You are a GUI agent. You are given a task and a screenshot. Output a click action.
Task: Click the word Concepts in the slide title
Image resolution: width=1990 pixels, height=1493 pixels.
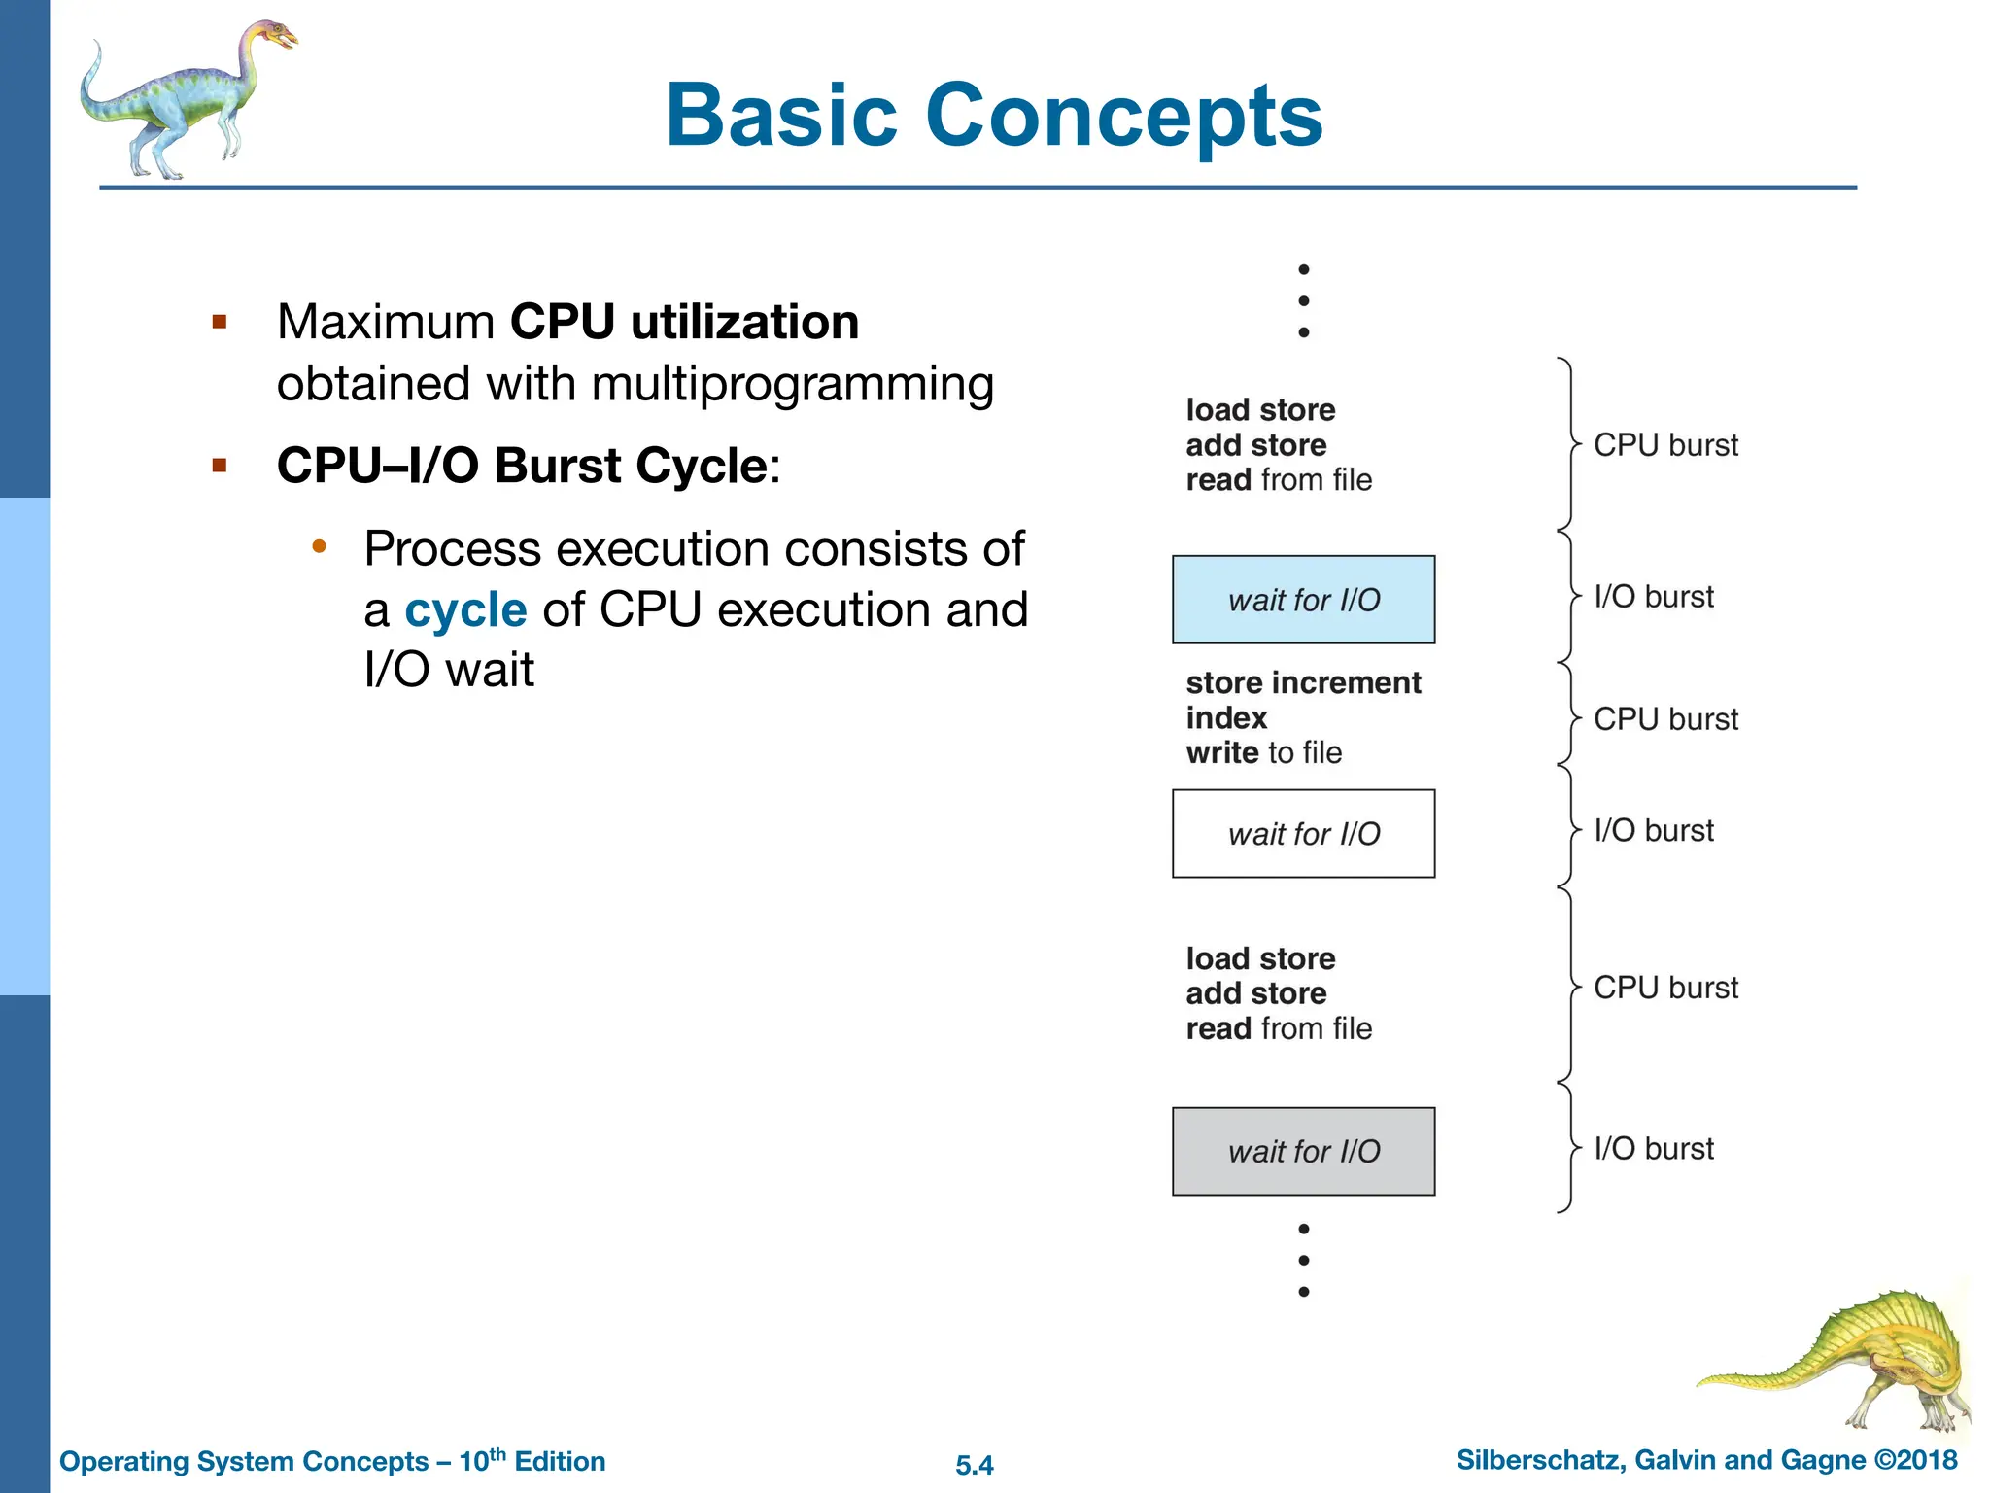(1124, 117)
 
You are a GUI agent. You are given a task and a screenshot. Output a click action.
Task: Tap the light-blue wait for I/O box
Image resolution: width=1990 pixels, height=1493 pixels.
(1303, 600)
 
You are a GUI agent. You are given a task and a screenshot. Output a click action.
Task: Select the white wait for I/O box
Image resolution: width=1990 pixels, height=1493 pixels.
(1303, 834)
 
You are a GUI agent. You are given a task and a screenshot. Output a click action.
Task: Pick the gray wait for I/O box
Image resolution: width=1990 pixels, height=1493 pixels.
(1303, 1151)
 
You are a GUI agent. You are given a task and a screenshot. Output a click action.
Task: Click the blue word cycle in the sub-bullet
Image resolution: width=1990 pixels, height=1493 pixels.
(465, 610)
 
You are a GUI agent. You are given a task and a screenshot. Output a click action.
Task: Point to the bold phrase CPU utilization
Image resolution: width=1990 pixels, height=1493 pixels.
(684, 322)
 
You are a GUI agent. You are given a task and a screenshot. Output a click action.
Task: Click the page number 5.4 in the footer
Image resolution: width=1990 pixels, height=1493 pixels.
(975, 1465)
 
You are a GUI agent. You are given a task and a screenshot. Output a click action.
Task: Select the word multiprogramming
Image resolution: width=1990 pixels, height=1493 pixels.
(792, 384)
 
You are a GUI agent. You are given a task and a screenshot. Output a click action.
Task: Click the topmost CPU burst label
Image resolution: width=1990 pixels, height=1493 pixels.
(1665, 445)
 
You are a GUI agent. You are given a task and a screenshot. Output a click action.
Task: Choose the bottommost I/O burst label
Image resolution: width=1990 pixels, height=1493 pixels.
(1654, 1148)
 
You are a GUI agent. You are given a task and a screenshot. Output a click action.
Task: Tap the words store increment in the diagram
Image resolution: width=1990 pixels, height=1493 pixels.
(1303, 682)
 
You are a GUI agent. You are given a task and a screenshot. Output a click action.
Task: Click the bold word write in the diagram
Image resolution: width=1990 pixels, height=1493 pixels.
(1221, 752)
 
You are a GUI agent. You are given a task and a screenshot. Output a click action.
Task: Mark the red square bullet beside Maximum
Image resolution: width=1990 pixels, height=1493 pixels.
(220, 322)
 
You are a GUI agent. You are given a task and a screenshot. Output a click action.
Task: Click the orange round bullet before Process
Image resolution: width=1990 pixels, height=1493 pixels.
(319, 547)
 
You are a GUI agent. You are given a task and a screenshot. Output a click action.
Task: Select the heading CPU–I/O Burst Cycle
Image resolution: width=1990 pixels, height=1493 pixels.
(523, 466)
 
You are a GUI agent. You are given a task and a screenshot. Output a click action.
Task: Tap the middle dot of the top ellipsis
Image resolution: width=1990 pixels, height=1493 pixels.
(1304, 301)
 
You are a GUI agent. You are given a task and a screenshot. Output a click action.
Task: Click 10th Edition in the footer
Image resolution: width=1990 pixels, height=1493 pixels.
(532, 1461)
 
